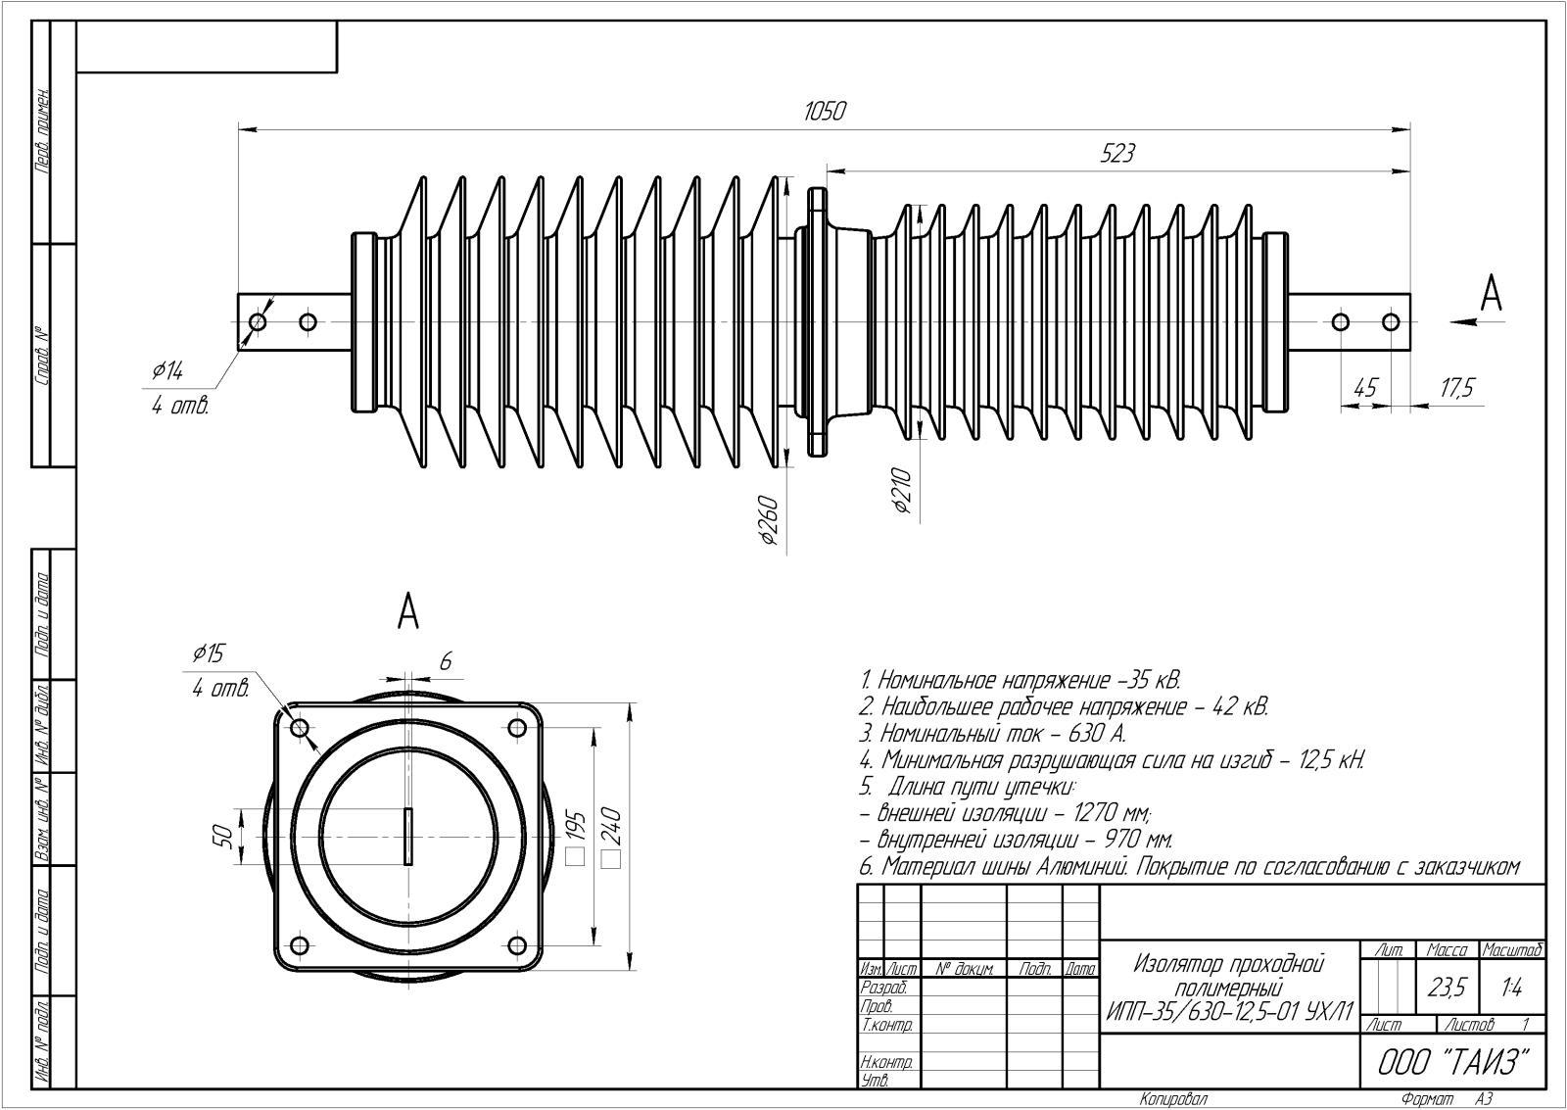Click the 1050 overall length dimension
[824, 112]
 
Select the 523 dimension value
[1118, 154]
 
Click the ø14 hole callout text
[166, 371]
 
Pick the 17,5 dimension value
[1456, 388]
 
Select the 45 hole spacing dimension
[1364, 388]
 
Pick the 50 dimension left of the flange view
[222, 836]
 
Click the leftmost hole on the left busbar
[258, 321]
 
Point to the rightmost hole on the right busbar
[1391, 321]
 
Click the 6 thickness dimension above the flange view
[445, 662]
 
